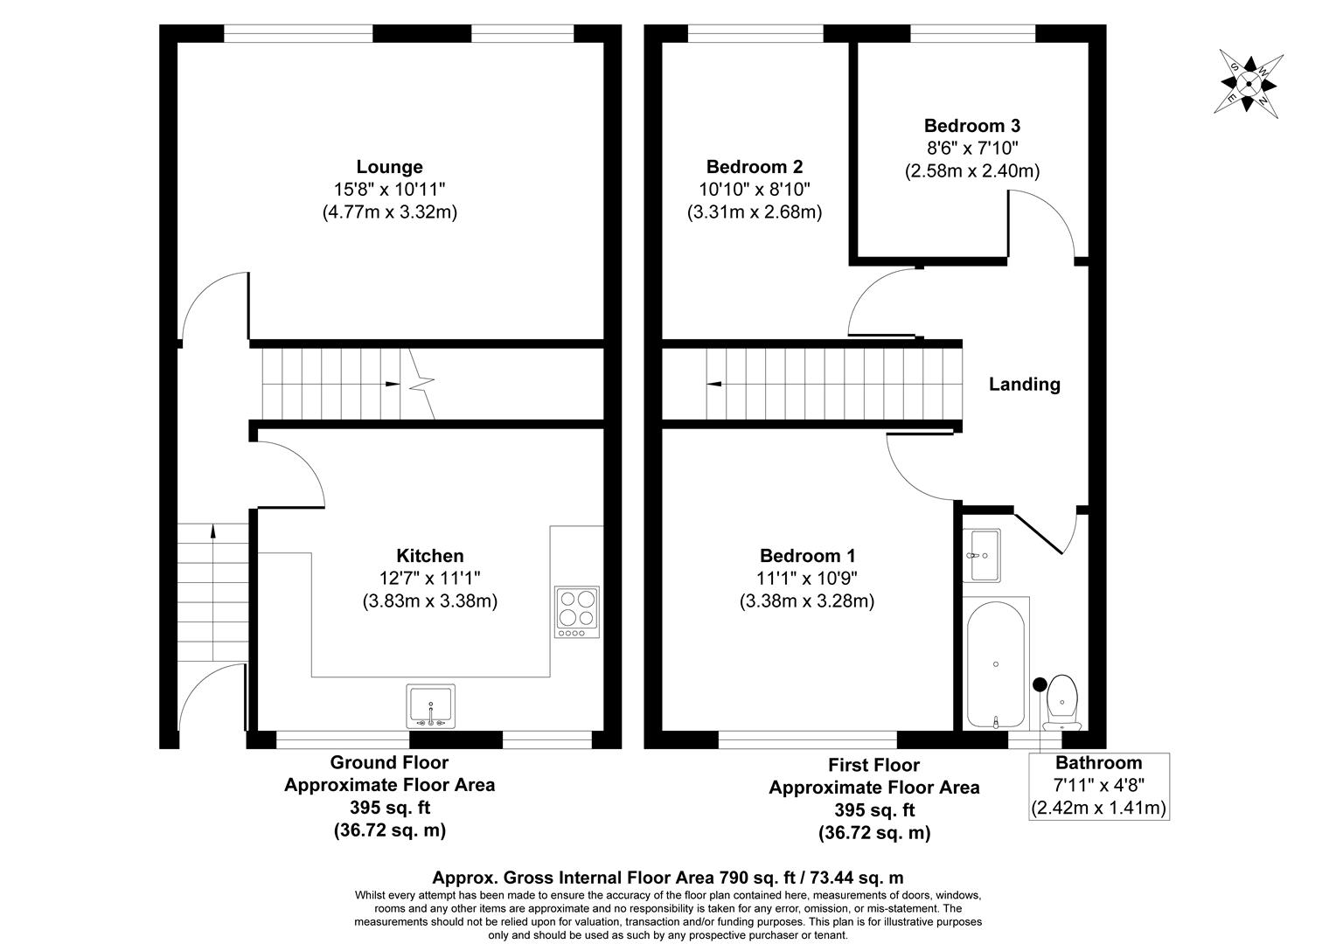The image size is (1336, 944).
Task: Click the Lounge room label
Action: click(x=389, y=167)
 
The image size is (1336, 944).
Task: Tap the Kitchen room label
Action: click(x=429, y=556)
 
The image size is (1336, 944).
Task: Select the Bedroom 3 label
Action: click(x=971, y=126)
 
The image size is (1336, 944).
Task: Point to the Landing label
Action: click(x=1024, y=384)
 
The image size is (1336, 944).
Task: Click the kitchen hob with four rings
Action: click(x=576, y=608)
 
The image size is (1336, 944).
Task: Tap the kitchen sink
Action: click(x=430, y=705)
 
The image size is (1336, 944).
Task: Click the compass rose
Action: click(x=1249, y=84)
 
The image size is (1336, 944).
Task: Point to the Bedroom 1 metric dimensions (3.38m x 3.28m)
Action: click(x=807, y=601)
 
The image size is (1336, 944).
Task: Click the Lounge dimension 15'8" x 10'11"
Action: click(x=389, y=189)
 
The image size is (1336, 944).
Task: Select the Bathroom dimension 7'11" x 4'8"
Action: click(x=1099, y=785)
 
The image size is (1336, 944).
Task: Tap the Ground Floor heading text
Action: click(x=389, y=763)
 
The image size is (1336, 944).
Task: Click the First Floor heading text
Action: click(x=873, y=766)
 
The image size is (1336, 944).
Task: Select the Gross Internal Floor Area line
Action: click(x=668, y=878)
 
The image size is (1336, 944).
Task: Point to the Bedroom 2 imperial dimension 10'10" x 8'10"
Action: click(x=755, y=189)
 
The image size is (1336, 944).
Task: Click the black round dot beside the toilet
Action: click(x=1040, y=684)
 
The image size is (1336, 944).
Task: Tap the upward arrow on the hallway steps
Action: click(x=212, y=530)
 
